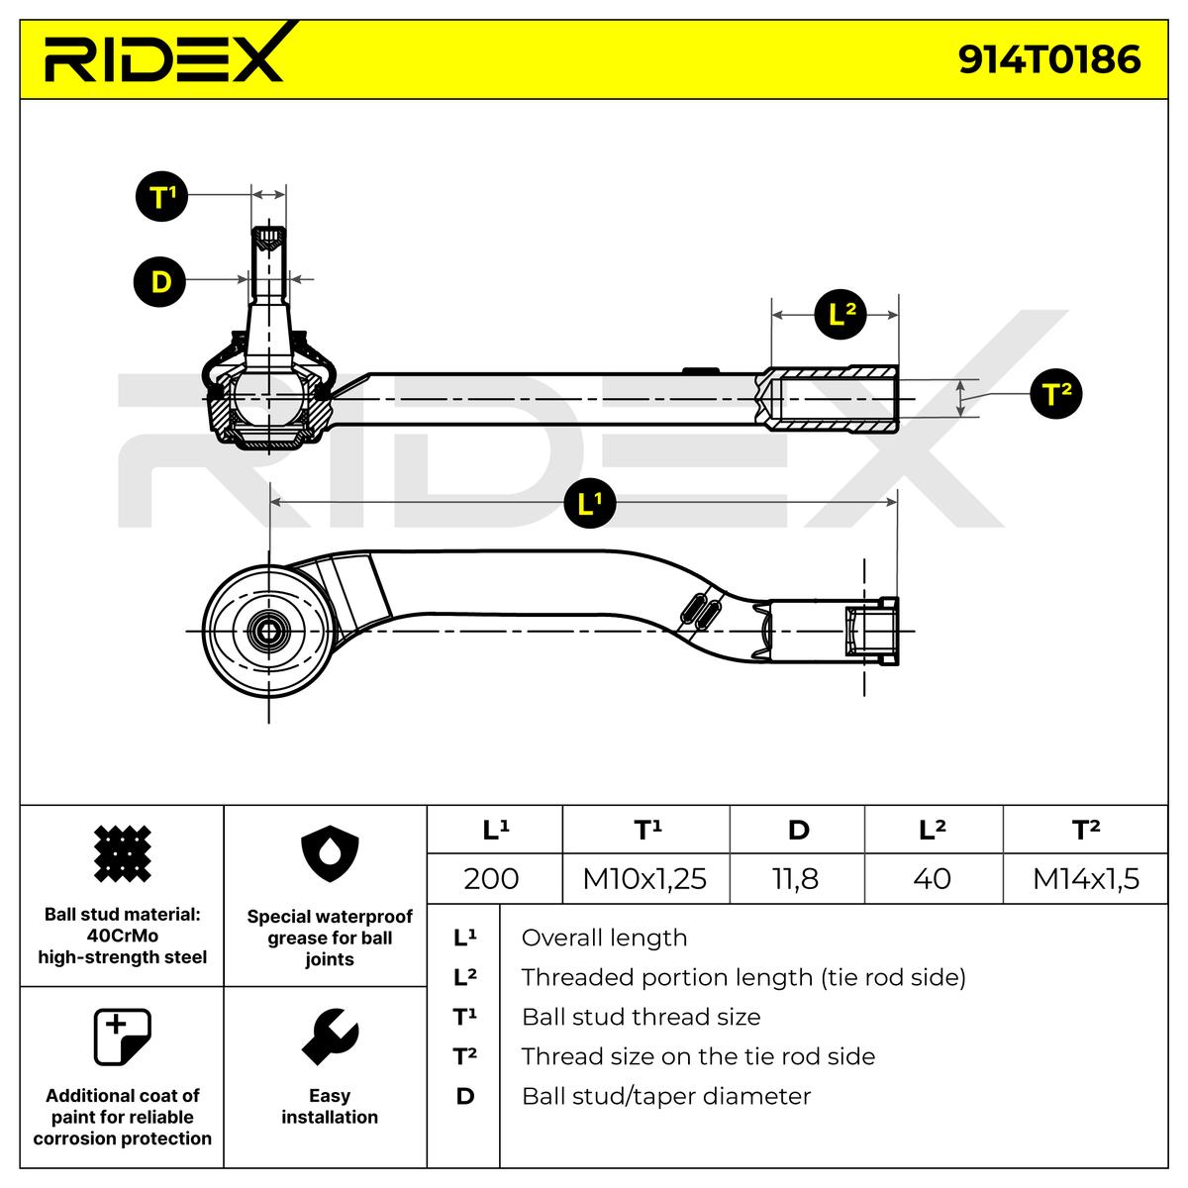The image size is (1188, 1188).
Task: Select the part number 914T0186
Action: click(1049, 59)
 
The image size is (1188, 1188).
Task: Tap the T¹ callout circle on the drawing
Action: click(161, 197)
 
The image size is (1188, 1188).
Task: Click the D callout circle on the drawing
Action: click(160, 282)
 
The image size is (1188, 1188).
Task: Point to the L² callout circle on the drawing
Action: click(841, 315)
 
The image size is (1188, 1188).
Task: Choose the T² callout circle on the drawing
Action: click(1056, 394)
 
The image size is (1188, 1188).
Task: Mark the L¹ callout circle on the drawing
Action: click(590, 504)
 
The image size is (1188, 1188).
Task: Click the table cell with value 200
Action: click(491, 878)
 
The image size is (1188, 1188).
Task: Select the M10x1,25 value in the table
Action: click(644, 878)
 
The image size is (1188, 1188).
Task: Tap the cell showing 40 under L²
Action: click(932, 878)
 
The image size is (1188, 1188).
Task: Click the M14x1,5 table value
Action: click(1086, 878)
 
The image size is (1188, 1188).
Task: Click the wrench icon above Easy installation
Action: click(330, 1037)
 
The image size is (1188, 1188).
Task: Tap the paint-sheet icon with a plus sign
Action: click(121, 1037)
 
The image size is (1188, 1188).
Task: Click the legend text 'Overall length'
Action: click(604, 938)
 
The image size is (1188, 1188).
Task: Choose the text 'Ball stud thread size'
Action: click(641, 1017)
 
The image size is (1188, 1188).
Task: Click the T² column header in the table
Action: click(1086, 830)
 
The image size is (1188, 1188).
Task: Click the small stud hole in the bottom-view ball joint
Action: click(267, 630)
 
